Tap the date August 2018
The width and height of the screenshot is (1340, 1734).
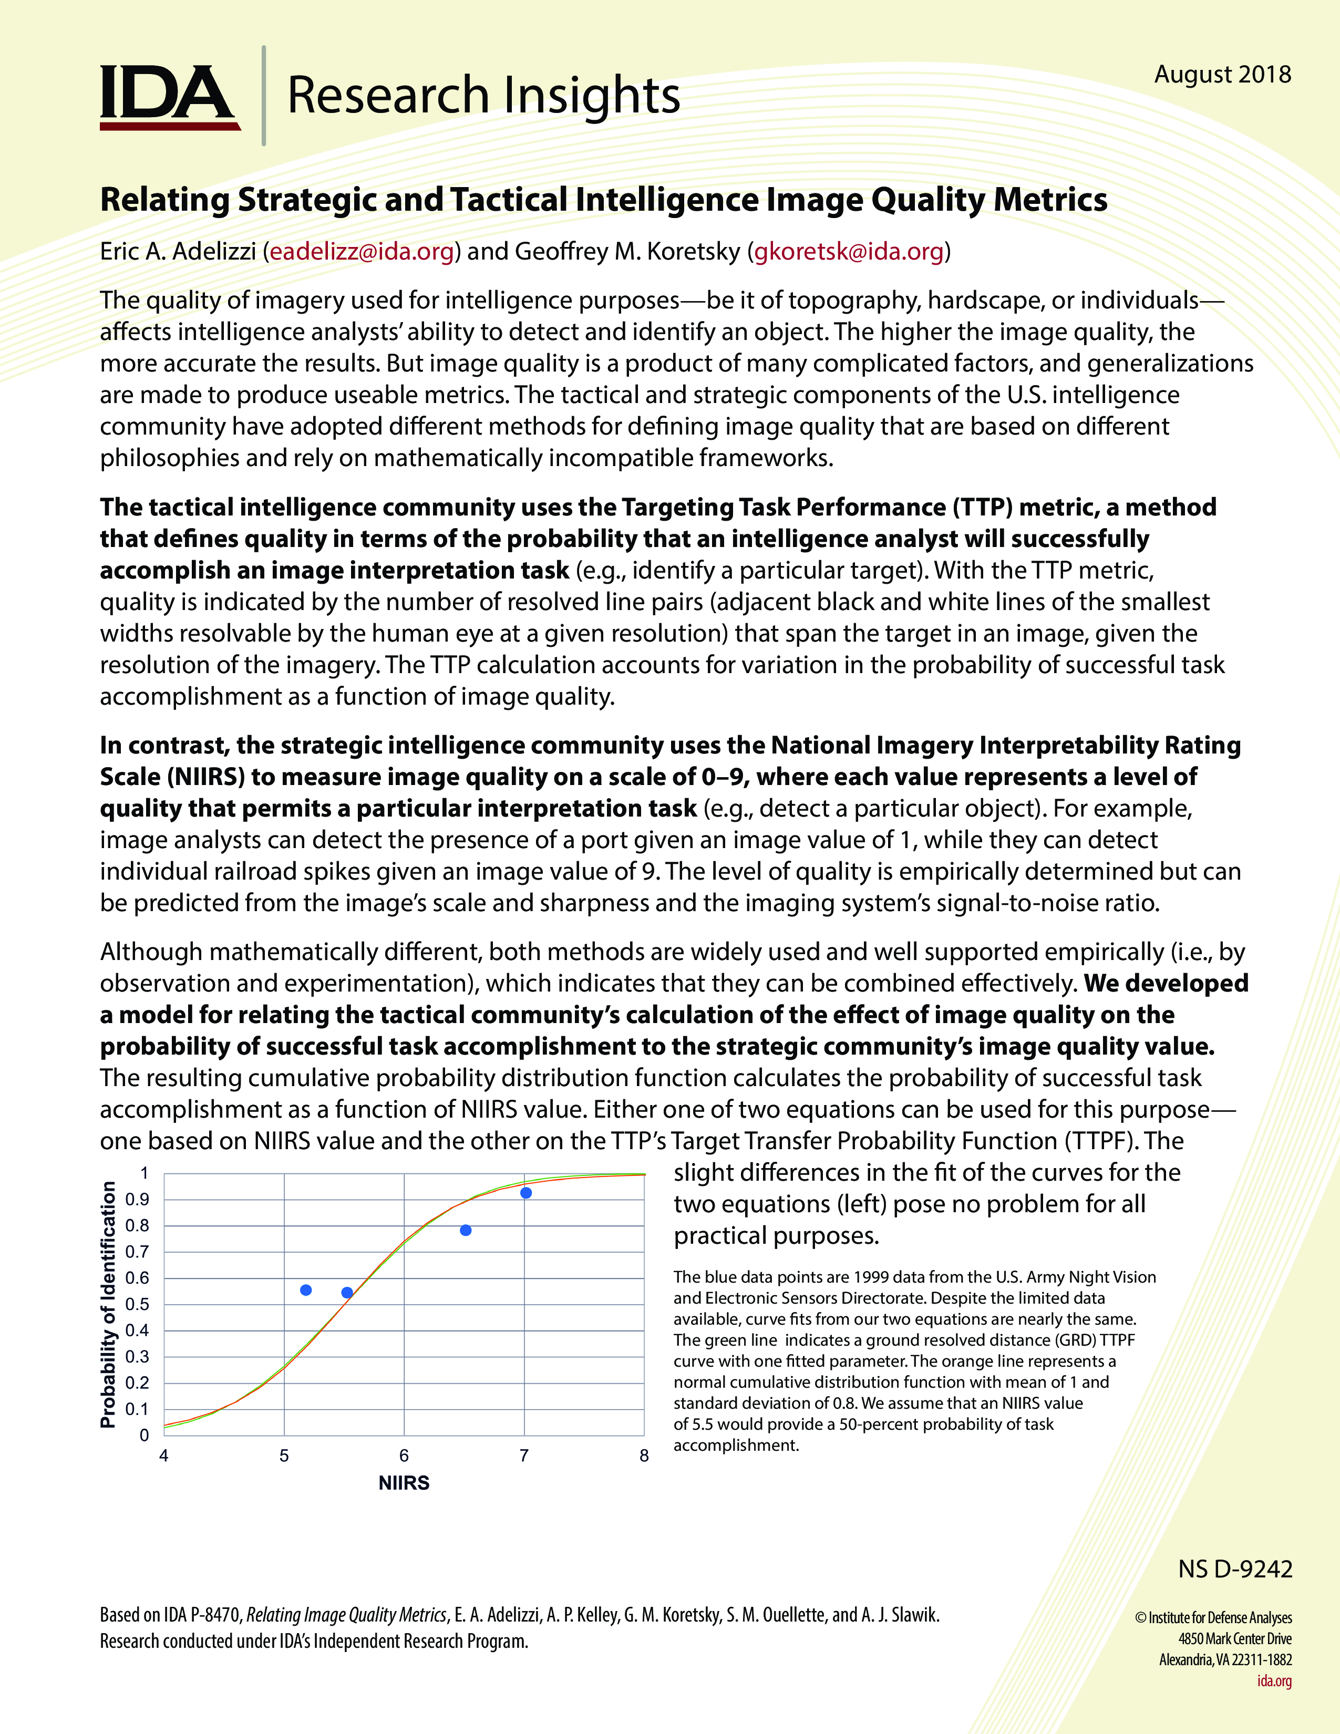click(1222, 75)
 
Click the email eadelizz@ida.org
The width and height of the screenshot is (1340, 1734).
click(362, 252)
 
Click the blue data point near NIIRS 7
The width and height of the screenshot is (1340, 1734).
click(525, 1193)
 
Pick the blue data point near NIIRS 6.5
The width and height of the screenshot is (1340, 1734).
click(466, 1231)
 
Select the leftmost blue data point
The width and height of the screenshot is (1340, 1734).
click(306, 1290)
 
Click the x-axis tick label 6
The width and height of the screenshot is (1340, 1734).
click(404, 1456)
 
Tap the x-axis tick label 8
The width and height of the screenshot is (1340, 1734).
click(644, 1456)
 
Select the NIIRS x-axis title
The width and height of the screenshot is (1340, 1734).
click(404, 1483)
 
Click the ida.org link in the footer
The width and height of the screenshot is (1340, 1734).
click(1274, 1681)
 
